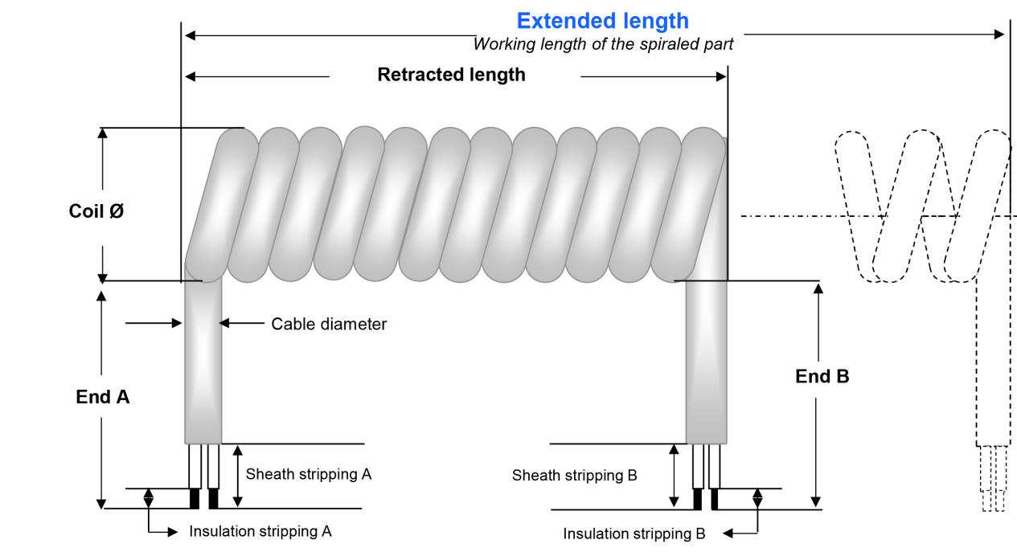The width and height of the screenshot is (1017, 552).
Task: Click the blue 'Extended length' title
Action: coord(602,20)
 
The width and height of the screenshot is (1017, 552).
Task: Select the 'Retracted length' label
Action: coord(451,75)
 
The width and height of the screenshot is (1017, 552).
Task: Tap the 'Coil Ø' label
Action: coord(96,212)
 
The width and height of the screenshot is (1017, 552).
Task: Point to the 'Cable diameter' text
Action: coord(329,324)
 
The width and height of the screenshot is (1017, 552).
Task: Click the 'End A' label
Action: coord(102,396)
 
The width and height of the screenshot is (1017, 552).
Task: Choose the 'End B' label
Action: coord(822,376)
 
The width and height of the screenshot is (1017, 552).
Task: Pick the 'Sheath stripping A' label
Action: coord(309,474)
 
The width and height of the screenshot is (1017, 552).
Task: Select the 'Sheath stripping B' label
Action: coord(574,475)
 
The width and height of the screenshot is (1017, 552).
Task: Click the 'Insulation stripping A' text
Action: coord(260,531)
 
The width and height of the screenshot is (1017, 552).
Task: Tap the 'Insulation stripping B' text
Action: coord(634,534)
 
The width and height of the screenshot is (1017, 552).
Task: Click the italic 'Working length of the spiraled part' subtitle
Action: coord(603,44)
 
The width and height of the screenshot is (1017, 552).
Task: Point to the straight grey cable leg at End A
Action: coord(203,362)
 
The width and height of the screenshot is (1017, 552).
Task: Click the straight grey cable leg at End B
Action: coord(706,362)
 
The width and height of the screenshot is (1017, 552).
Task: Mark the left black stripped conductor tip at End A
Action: coord(194,499)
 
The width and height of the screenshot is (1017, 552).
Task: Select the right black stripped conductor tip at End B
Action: coord(715,499)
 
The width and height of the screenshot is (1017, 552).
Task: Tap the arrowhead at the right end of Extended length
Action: coord(1000,35)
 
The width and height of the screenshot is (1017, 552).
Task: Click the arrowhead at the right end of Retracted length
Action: coord(721,77)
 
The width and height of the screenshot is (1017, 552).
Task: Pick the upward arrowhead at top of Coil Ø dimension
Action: coord(102,133)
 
